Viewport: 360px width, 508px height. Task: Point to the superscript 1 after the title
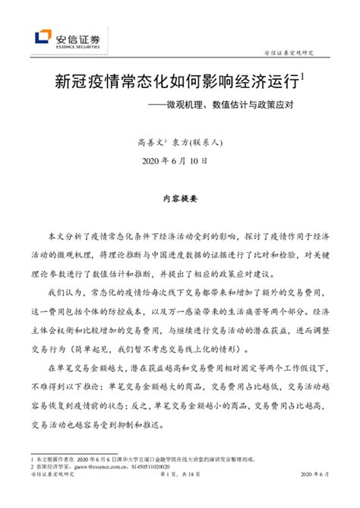pos(302,75)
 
